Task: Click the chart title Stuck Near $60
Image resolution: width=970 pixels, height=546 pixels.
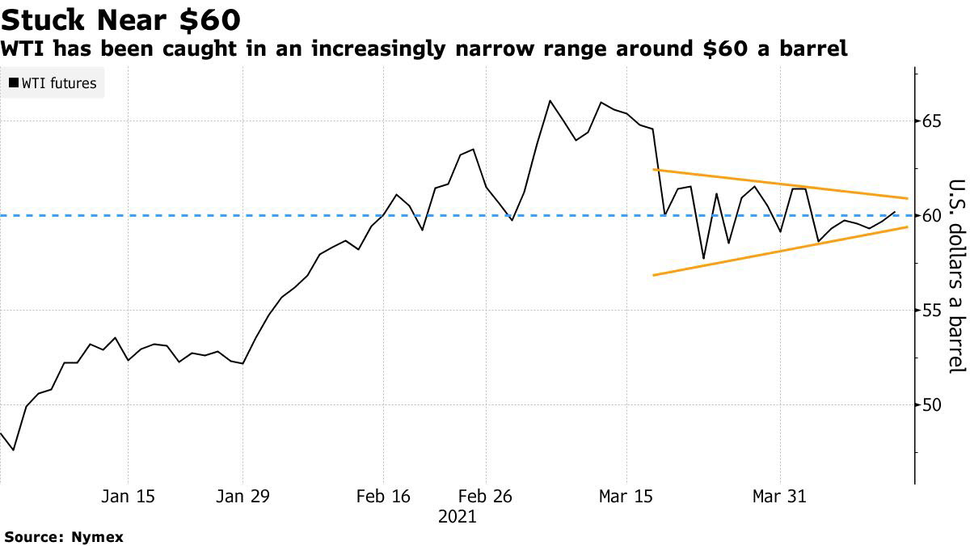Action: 120,19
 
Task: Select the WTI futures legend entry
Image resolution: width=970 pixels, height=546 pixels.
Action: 53,83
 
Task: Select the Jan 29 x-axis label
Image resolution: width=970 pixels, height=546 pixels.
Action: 243,497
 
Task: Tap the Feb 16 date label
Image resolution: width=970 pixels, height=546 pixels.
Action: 384,497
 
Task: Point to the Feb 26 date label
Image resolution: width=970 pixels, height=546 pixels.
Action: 486,497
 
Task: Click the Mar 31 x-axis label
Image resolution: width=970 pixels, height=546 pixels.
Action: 780,497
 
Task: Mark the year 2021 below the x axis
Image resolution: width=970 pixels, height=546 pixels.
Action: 458,516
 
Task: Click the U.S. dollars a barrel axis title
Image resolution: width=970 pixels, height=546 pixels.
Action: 956,275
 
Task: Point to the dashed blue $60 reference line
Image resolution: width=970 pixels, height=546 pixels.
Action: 242,215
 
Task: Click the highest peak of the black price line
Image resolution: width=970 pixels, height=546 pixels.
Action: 550,101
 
